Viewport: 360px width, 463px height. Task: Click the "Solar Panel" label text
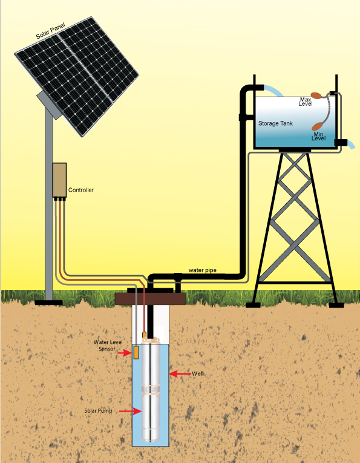tap(50, 31)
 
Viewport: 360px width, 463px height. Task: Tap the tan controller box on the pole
tap(59, 180)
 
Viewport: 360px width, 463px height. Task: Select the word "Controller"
tap(81, 190)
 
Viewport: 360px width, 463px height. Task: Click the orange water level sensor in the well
tap(136, 352)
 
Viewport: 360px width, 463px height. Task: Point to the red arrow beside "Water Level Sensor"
tap(124, 352)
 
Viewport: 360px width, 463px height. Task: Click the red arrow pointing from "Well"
tap(180, 374)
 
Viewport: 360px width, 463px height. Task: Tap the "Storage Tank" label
tap(275, 123)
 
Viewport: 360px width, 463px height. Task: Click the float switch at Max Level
tap(317, 96)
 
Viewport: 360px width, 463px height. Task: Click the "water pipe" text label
tap(203, 270)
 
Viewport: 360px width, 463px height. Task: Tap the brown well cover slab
tap(150, 299)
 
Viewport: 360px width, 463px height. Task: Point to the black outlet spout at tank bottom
tap(341, 143)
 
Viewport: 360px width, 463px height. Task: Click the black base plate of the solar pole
tap(49, 302)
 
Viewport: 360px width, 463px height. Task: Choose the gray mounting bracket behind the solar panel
tap(49, 105)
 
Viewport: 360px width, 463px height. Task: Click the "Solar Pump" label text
tap(98, 411)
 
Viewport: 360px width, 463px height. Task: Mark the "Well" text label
tap(198, 374)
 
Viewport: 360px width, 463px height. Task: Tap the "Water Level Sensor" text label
tap(108, 346)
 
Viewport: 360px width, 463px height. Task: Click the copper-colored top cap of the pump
tap(151, 341)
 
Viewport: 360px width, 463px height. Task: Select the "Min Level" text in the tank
tap(319, 136)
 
